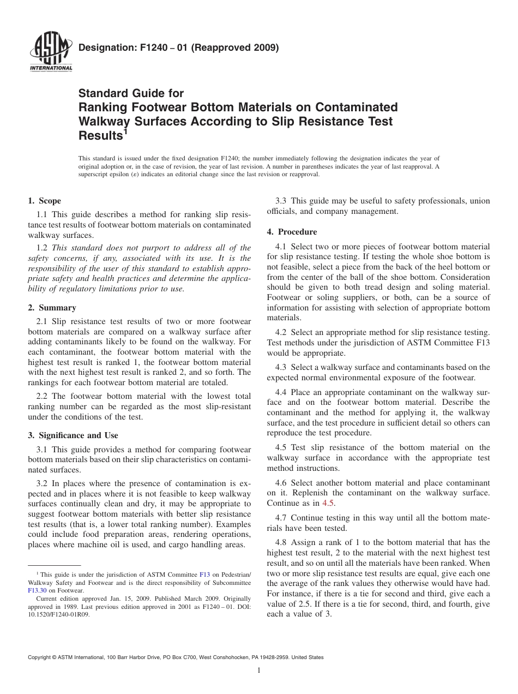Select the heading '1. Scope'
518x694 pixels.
45,201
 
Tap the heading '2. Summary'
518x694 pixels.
52,308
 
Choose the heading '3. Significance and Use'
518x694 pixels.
73,435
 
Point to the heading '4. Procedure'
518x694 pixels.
292,231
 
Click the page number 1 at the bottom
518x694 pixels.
259,671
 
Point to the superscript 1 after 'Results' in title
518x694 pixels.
125,131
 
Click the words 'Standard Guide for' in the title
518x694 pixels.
131,93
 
